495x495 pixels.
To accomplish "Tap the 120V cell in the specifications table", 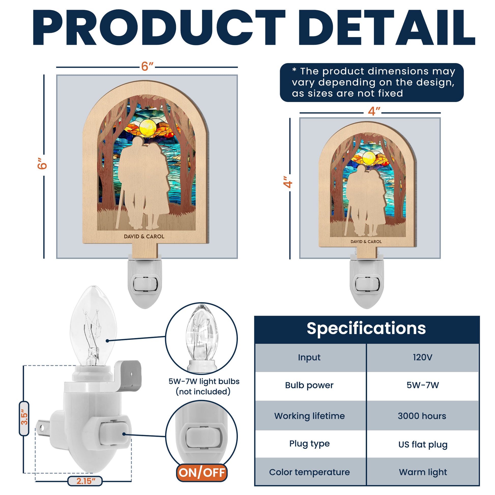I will pos(423,357).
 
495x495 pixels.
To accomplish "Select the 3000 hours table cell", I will pos(422,416).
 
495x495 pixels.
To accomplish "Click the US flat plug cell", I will pos(423,445).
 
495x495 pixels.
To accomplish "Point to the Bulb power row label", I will pos(309,385).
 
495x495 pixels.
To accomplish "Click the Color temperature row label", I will pos(309,472).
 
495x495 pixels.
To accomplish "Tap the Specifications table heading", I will pos(366,329).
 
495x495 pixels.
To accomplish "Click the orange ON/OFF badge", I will pos(202,473).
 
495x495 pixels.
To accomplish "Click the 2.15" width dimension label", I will pos(85,481).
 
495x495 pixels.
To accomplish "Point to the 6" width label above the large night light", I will pos(147,67).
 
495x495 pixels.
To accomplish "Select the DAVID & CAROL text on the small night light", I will pos(366,242).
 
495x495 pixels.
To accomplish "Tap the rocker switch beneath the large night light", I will pos(145,284).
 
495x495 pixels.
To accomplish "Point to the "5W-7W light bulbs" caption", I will pos(204,382).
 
